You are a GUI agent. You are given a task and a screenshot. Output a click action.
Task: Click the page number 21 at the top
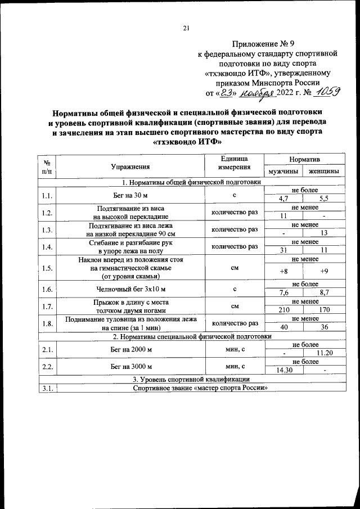click(186, 28)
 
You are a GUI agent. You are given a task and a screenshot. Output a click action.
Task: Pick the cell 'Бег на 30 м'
click(130, 195)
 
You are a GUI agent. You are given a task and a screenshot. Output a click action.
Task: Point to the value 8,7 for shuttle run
click(323, 293)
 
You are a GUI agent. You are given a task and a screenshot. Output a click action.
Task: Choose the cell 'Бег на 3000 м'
click(130, 366)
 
